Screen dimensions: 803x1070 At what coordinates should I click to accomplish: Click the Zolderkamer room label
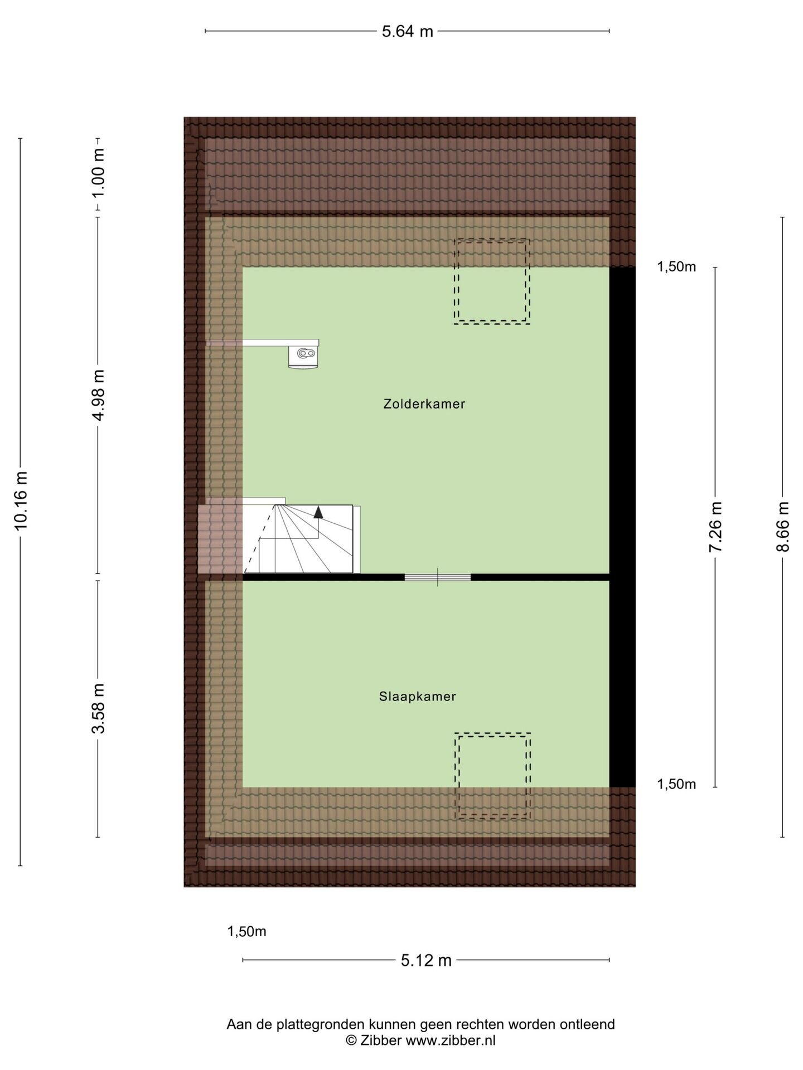coord(424,404)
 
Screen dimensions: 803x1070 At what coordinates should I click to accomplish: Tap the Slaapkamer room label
coord(418,697)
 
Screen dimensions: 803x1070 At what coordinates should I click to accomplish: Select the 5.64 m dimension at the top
coord(407,31)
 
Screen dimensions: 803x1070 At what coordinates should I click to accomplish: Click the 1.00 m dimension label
coord(98,173)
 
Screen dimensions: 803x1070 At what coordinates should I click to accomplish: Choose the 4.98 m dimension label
coord(98,396)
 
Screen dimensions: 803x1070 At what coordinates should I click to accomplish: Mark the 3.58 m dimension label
coord(98,708)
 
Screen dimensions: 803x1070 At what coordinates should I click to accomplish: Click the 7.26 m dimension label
coord(715,527)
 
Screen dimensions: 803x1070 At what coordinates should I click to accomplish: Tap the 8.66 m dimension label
coord(783,527)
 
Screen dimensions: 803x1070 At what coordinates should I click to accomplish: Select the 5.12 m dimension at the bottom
coord(426,960)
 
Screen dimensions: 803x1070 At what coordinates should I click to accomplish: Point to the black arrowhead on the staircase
coord(318,512)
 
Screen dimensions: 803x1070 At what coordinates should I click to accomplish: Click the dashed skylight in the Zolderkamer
coord(491,281)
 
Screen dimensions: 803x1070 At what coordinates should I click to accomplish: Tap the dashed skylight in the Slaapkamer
coord(492,776)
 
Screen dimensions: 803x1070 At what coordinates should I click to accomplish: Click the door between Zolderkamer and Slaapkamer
coord(438,577)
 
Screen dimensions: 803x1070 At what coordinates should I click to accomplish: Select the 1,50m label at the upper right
coord(676,267)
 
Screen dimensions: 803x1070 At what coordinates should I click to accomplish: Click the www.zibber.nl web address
coord(451,1040)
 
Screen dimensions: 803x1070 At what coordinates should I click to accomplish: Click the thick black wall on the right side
coord(622,527)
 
